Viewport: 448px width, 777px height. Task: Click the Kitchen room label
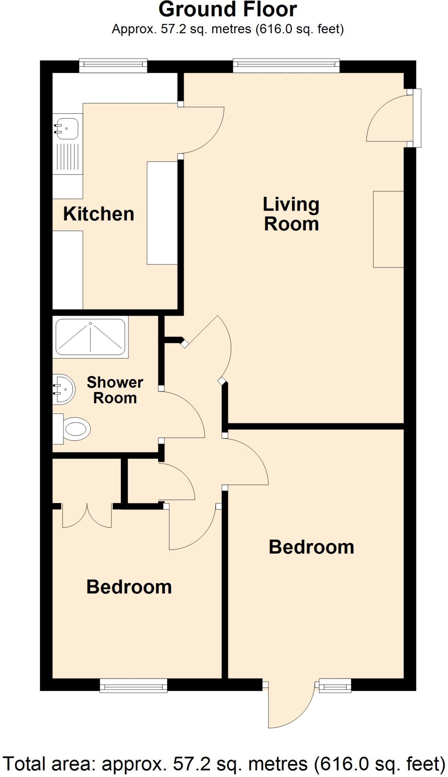coord(98,214)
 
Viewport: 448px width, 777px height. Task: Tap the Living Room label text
coord(291,214)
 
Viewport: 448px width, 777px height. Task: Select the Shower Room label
coord(115,390)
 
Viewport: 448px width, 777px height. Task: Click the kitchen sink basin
coord(67,128)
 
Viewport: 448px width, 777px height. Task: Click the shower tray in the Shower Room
coord(90,337)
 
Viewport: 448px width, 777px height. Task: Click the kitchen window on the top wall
coord(113,66)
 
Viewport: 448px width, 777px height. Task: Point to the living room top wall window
coord(286,66)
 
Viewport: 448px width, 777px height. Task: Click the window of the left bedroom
coord(133,686)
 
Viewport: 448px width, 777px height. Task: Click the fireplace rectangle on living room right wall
coord(388,229)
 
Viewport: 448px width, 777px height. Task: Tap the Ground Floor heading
coord(227,10)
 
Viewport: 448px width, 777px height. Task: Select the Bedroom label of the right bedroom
coord(311,547)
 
